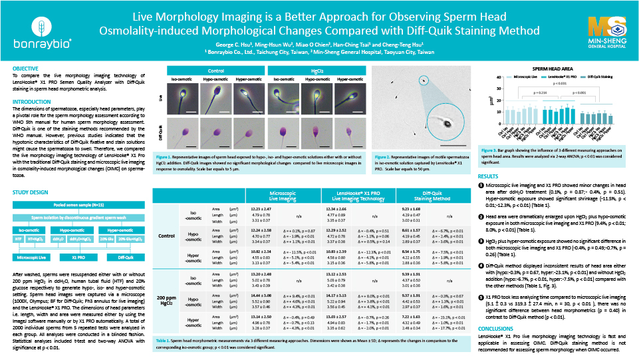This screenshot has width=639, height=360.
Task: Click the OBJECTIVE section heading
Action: tap(26, 69)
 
